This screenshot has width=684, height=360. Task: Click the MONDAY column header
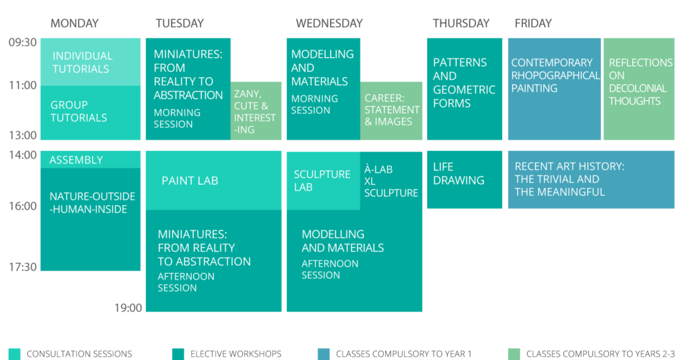click(x=74, y=23)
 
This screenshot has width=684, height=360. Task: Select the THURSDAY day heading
click(x=461, y=23)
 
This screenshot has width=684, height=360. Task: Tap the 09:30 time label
click(x=23, y=43)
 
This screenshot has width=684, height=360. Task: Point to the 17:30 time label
click(x=23, y=267)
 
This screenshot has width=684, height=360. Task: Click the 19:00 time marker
click(x=128, y=308)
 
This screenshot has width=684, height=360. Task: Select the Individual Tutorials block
click(x=91, y=62)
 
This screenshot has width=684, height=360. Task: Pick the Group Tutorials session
click(x=91, y=112)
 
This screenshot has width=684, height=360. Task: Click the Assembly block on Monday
click(x=91, y=159)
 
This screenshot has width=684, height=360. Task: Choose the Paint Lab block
click(x=214, y=181)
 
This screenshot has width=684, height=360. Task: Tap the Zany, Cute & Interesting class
click(x=256, y=111)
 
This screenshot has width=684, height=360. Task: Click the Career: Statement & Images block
click(x=391, y=111)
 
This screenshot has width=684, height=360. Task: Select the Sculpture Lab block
click(x=323, y=181)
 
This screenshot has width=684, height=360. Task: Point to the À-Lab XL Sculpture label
click(x=391, y=181)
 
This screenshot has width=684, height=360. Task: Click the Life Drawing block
click(x=465, y=180)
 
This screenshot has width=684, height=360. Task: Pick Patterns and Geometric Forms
click(x=465, y=89)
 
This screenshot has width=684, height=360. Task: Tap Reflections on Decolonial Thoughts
click(x=639, y=89)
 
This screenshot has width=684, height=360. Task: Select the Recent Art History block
click(x=591, y=180)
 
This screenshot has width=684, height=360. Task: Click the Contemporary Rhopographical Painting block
click(x=555, y=89)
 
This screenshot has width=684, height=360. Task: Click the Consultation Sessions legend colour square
click(x=15, y=354)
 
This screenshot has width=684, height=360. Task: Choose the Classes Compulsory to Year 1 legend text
click(x=404, y=354)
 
